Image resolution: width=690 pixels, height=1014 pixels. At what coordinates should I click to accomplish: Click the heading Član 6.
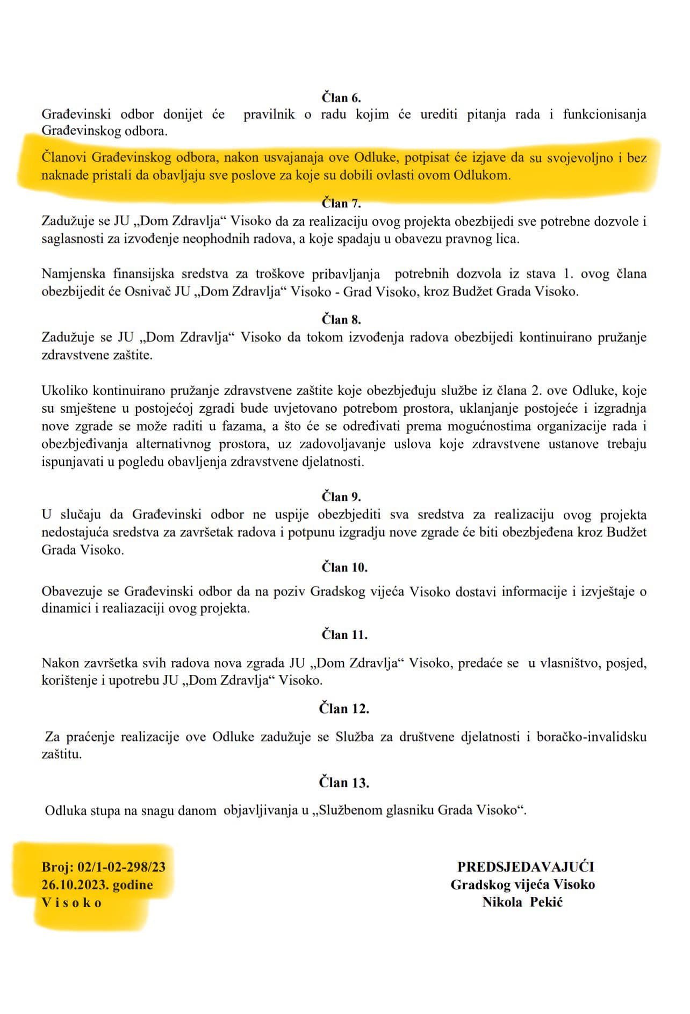pyautogui.click(x=341, y=98)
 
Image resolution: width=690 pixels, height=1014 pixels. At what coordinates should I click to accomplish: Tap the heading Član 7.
pyautogui.click(x=341, y=203)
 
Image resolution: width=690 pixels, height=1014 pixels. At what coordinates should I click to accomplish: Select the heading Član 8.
pyautogui.click(x=341, y=320)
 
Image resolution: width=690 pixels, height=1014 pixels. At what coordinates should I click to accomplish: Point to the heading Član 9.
pyautogui.click(x=341, y=496)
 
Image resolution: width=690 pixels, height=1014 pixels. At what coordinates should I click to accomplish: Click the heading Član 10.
pyautogui.click(x=344, y=567)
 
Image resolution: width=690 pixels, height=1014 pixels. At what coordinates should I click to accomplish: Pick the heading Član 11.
pyautogui.click(x=344, y=635)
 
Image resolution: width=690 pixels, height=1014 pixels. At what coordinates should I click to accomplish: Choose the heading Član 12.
pyautogui.click(x=344, y=709)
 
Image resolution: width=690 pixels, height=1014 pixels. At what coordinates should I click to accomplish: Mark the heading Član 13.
pyautogui.click(x=344, y=782)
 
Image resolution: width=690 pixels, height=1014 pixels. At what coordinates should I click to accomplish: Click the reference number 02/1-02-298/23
pyautogui.click(x=121, y=867)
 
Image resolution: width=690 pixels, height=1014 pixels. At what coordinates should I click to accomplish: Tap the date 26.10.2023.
pyautogui.click(x=75, y=884)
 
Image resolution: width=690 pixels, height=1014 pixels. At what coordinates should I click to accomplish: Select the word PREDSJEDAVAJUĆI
pyautogui.click(x=525, y=867)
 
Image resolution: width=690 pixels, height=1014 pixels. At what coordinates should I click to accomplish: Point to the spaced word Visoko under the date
pyautogui.click(x=72, y=903)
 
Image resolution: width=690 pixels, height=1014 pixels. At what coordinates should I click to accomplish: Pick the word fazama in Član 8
pyautogui.click(x=225, y=427)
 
